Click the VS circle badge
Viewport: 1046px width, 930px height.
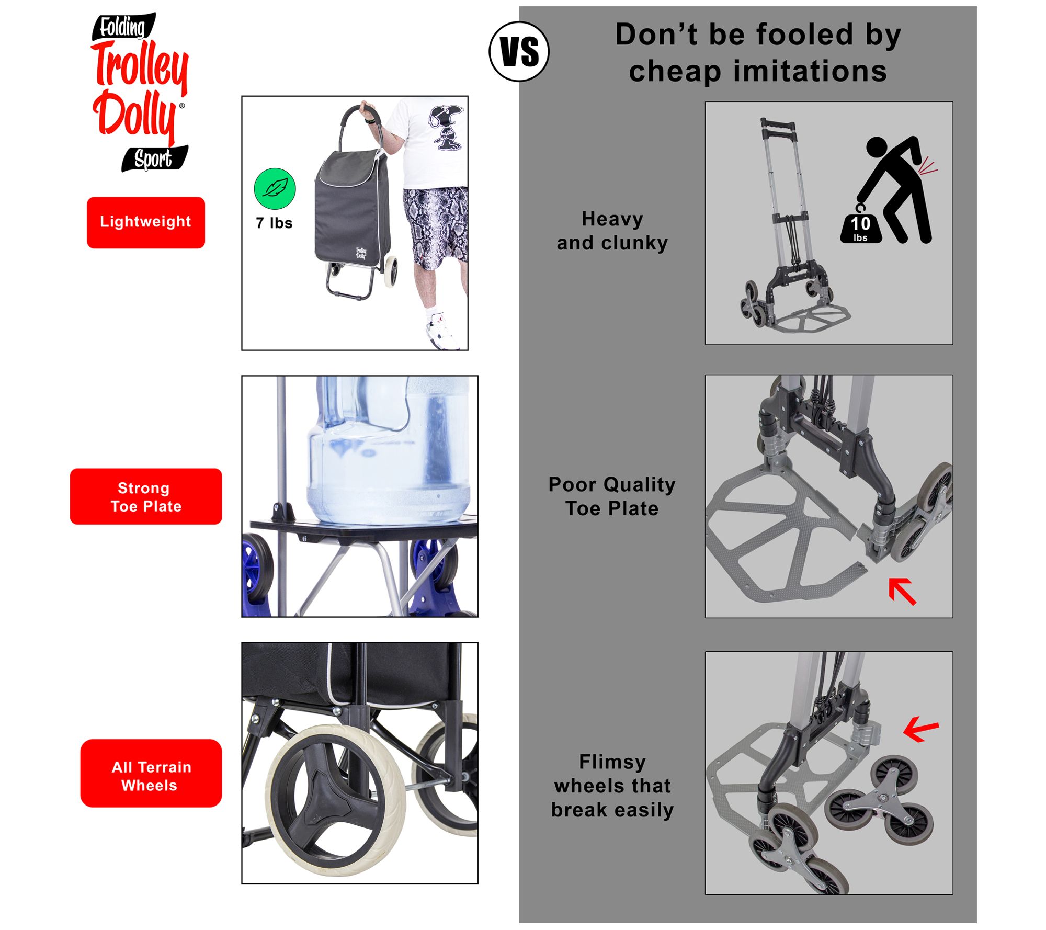click(x=519, y=52)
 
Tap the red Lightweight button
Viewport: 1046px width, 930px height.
click(x=146, y=222)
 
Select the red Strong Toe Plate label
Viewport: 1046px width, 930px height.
click(x=146, y=496)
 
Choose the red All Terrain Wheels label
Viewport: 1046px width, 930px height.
click(x=151, y=773)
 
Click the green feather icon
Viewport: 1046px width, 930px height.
click(x=275, y=189)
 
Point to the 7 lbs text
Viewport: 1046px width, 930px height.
click(x=274, y=223)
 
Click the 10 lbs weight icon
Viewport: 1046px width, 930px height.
click(x=860, y=226)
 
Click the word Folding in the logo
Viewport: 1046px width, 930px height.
click(x=123, y=27)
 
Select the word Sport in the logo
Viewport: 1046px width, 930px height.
click(x=154, y=158)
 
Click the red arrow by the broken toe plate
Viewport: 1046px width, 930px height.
click(x=902, y=591)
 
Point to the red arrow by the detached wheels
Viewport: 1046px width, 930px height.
click(x=921, y=729)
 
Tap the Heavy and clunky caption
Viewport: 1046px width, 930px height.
click(x=612, y=231)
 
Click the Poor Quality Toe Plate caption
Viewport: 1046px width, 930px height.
click(x=612, y=496)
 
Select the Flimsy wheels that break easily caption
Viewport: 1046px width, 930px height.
click(x=612, y=786)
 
